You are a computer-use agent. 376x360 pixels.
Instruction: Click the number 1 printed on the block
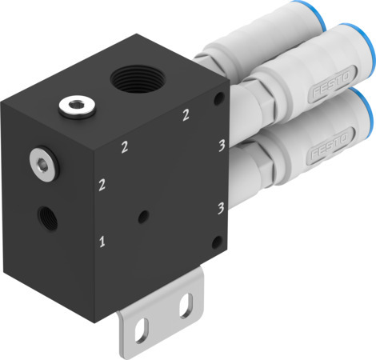(x=102, y=239)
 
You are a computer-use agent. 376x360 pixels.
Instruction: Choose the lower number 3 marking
(x=219, y=210)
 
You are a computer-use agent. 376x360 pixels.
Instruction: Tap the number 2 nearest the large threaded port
(x=186, y=115)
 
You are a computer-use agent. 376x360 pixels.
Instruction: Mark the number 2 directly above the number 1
(x=102, y=186)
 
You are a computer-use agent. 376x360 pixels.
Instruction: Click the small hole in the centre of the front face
(x=142, y=215)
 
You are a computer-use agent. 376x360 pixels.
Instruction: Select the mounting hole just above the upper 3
(x=219, y=99)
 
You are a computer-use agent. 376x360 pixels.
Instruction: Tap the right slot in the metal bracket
(x=186, y=303)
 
